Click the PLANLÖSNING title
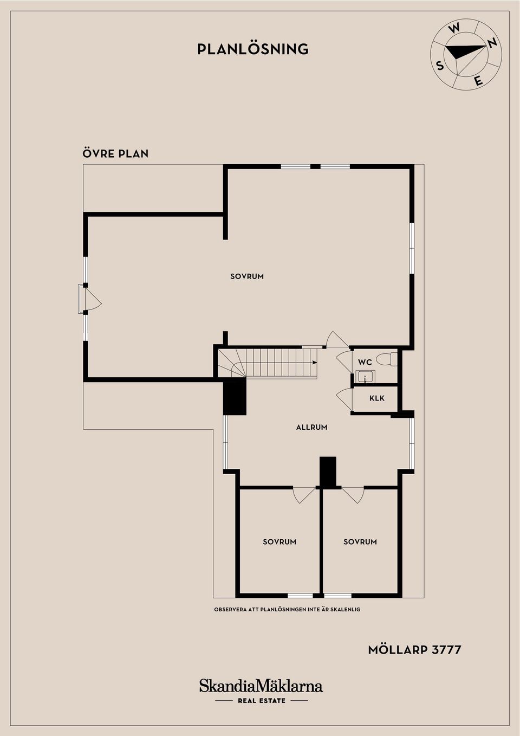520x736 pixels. [x=253, y=49]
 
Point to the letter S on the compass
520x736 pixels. [x=439, y=66]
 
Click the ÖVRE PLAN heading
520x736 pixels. [x=115, y=153]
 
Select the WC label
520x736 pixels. [x=365, y=362]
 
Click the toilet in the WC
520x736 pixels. [x=386, y=359]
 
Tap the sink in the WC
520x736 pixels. [x=365, y=377]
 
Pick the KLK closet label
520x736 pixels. [x=377, y=398]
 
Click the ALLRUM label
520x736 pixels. [x=311, y=428]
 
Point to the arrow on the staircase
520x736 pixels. [x=314, y=363]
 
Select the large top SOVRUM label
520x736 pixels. [x=247, y=276]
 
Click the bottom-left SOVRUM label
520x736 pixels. [x=279, y=542]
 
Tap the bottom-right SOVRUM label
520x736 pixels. [x=360, y=542]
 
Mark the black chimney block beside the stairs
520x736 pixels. [x=235, y=398]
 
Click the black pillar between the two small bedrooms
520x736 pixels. [x=328, y=472]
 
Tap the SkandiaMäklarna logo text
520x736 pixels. [x=261, y=686]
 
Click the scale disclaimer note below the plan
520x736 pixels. [x=287, y=610]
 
